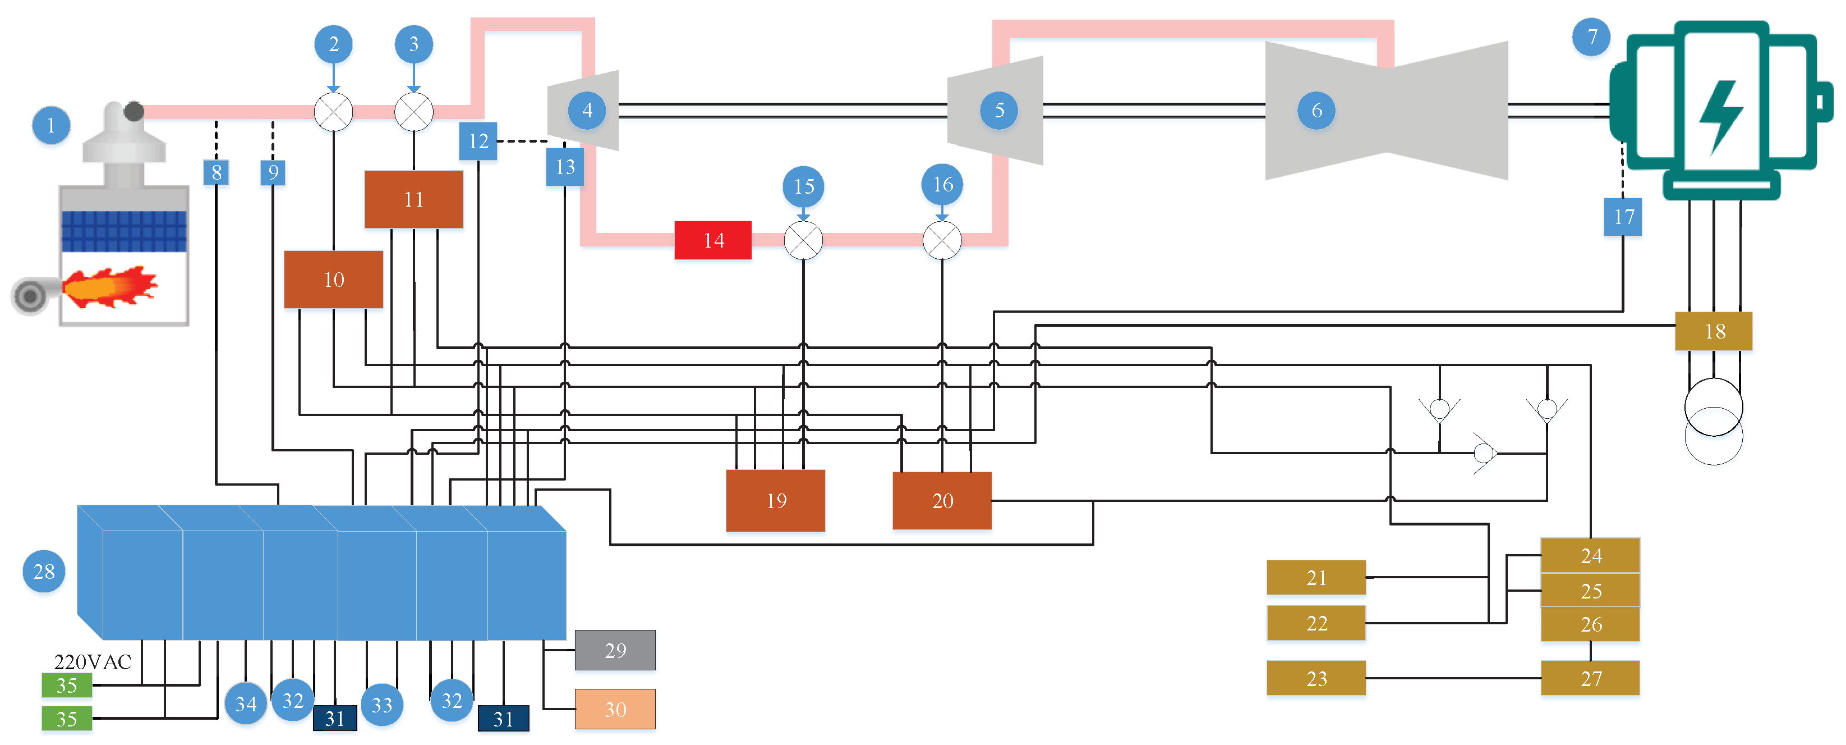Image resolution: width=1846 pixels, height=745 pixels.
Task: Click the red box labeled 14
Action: (x=713, y=240)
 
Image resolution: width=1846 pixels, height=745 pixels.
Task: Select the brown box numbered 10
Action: (x=333, y=279)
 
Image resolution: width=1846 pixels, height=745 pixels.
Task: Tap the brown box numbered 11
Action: (x=413, y=199)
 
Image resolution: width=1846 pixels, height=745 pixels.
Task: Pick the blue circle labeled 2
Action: (x=333, y=44)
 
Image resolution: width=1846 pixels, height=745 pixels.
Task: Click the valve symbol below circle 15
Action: (x=803, y=240)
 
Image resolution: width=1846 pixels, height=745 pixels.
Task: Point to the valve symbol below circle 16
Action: (x=942, y=240)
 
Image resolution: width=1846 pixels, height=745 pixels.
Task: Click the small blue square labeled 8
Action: (x=217, y=172)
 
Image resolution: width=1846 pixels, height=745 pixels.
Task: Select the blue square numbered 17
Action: (x=1623, y=217)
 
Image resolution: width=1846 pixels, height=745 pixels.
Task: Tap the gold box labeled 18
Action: (x=1714, y=331)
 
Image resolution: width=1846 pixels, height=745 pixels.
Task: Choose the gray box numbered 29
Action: (x=615, y=650)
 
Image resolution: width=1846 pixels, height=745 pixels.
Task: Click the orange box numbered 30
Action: (x=615, y=709)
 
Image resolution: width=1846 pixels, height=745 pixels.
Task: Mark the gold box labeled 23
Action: (x=1316, y=678)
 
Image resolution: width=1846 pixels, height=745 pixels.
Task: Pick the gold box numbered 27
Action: (x=1590, y=678)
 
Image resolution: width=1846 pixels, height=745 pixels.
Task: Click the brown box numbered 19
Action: (x=775, y=500)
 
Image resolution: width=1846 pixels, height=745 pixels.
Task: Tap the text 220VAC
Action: (x=93, y=662)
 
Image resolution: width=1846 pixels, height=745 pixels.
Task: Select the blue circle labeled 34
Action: (x=246, y=703)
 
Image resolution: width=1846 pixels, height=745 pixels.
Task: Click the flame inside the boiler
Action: (x=109, y=287)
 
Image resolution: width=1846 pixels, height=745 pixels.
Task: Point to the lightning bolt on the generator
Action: (x=1720, y=117)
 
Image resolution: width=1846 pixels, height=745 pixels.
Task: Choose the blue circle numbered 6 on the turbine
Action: (x=1316, y=111)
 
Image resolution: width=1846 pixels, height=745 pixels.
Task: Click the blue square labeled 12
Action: (x=478, y=141)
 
